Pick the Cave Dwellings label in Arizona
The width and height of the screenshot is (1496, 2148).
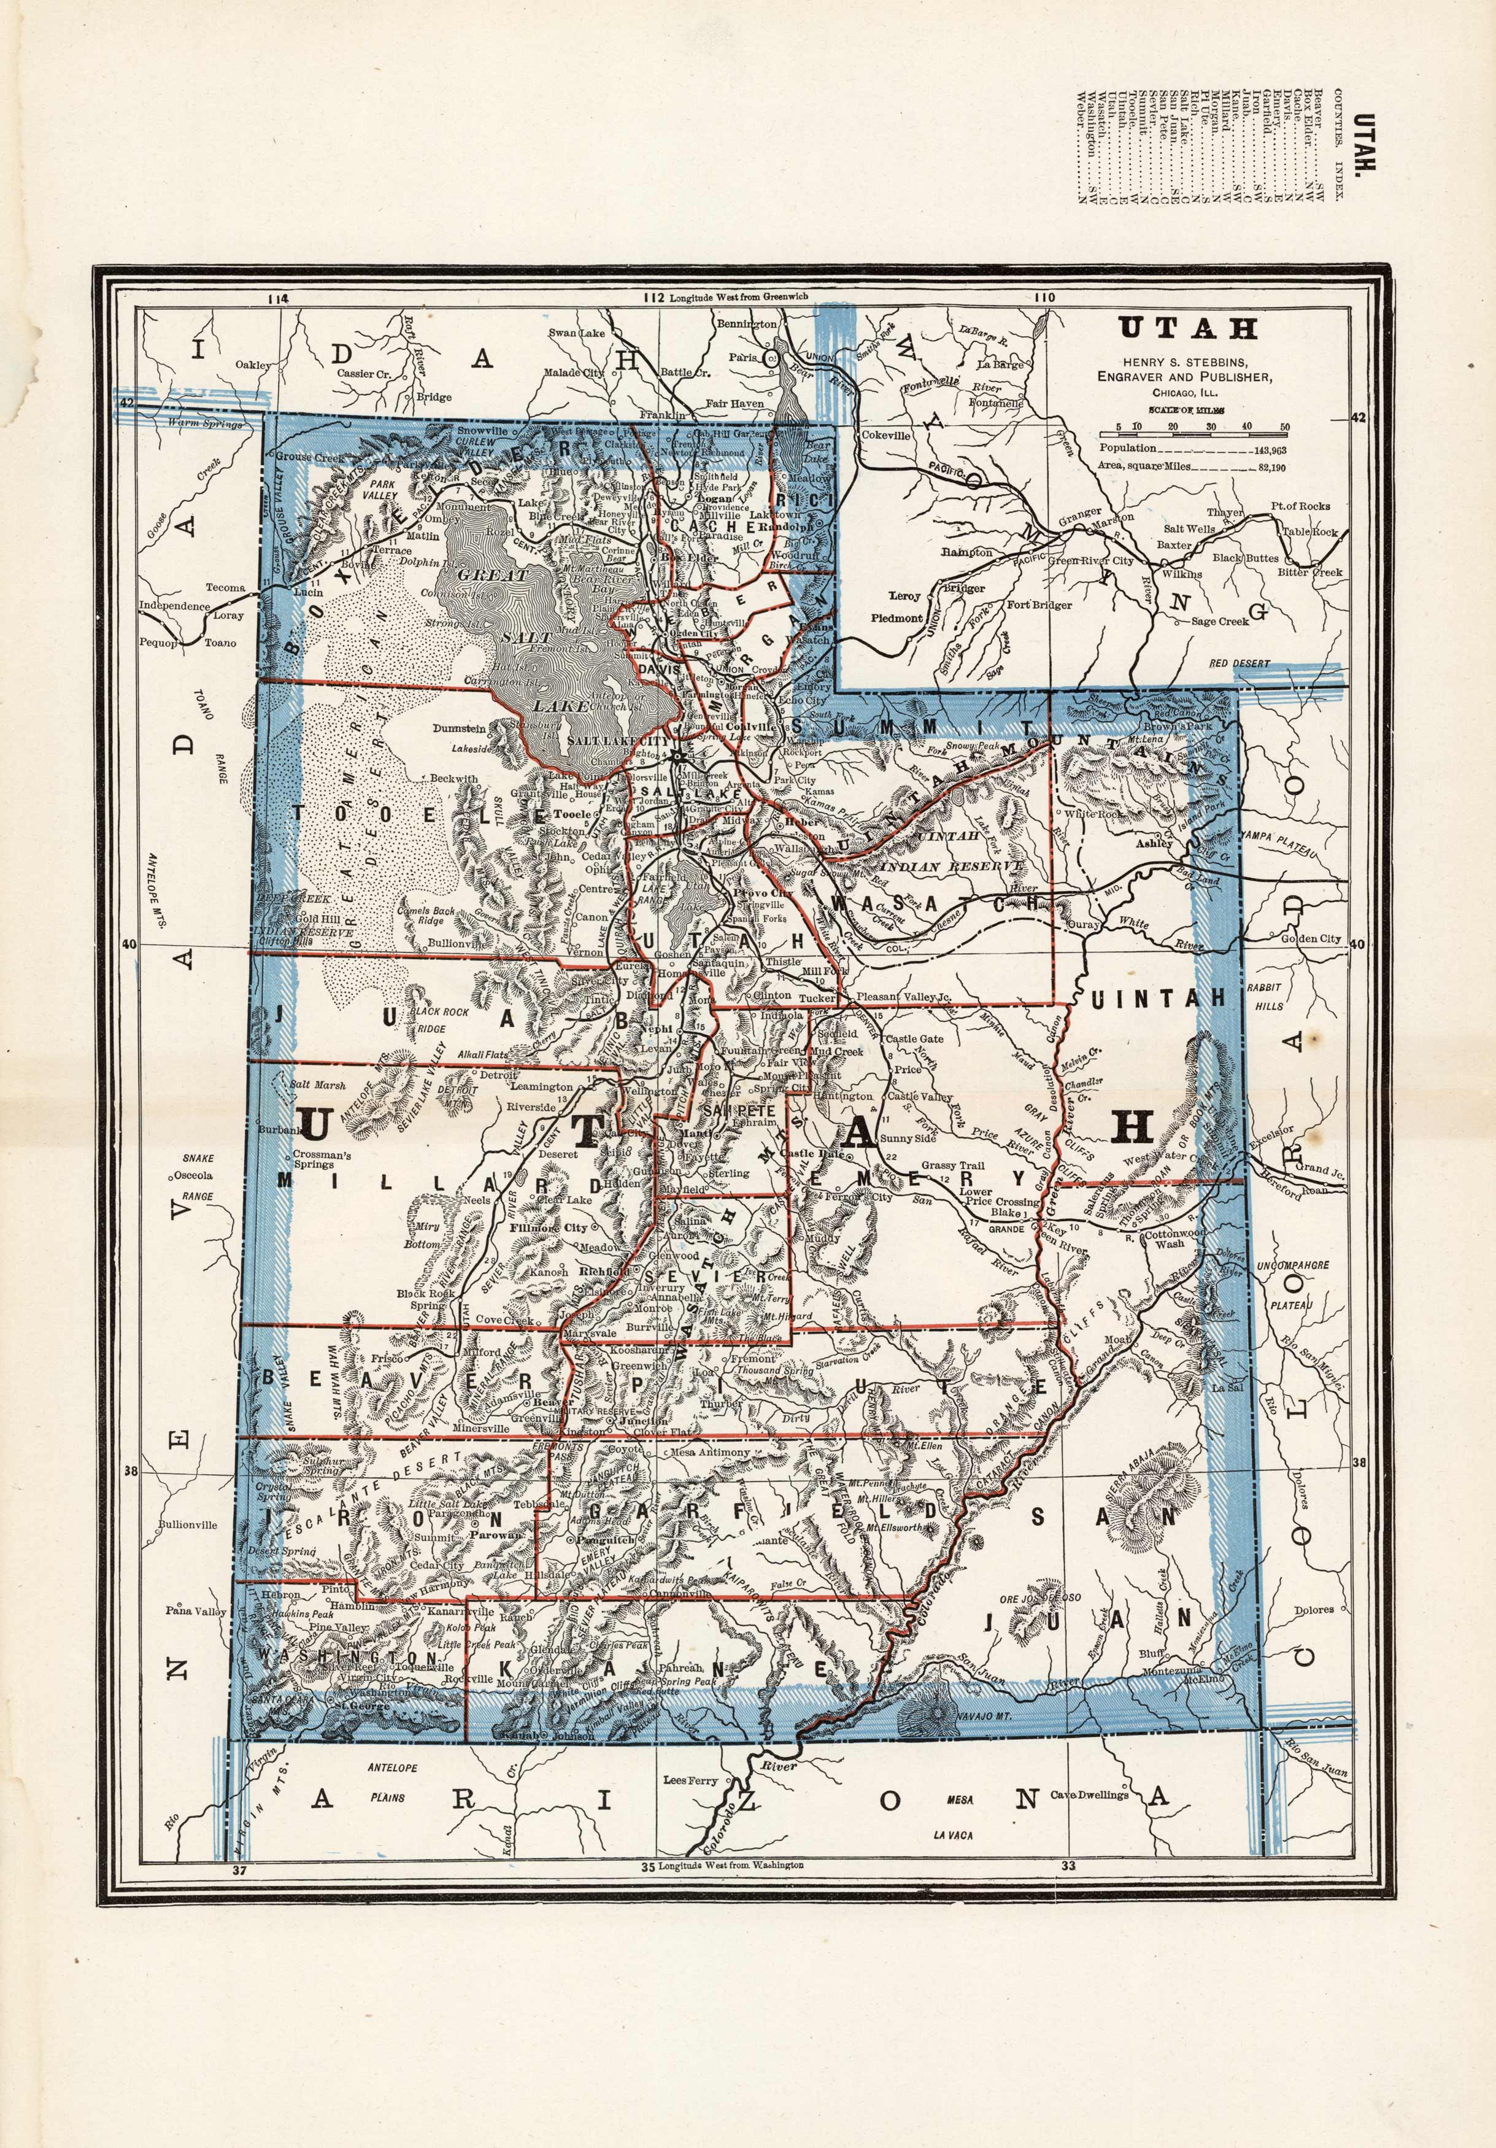click(x=1089, y=1795)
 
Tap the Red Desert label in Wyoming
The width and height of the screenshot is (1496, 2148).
click(x=1239, y=663)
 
